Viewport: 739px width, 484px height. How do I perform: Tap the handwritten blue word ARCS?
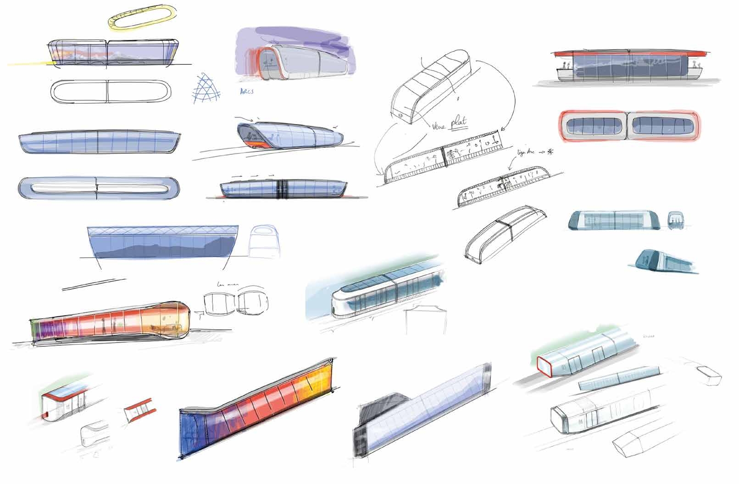[247, 91]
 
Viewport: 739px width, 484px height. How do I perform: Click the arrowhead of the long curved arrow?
[500, 131]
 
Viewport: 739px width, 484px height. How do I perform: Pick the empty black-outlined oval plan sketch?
[107, 91]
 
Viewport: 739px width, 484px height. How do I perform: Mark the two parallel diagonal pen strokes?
[94, 284]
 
